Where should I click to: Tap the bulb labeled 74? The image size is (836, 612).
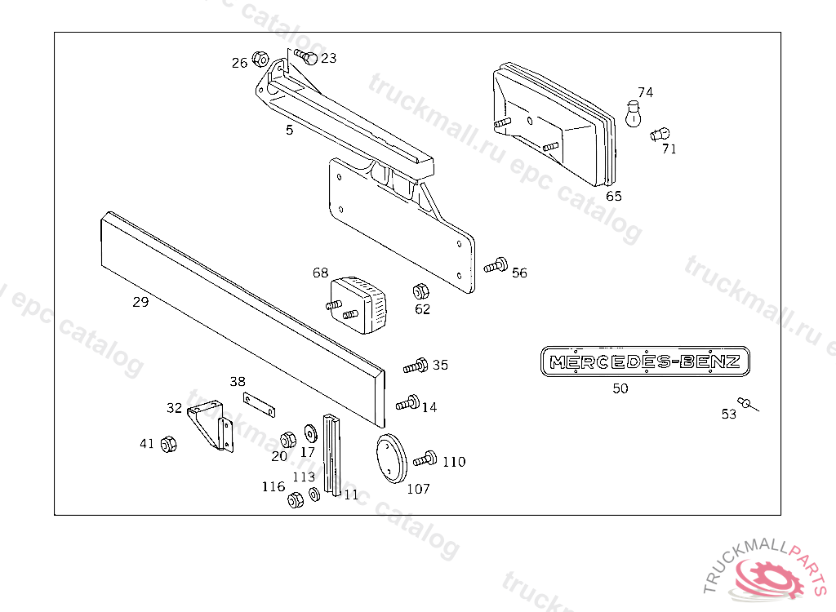(x=632, y=113)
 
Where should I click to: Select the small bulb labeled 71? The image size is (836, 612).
(x=660, y=134)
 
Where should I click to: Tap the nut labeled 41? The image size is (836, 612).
(x=169, y=445)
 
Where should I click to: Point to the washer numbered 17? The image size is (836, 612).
(x=310, y=431)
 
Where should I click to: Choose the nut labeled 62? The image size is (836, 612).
(x=420, y=291)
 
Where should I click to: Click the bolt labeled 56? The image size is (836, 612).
(x=496, y=265)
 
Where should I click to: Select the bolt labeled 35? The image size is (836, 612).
(x=416, y=366)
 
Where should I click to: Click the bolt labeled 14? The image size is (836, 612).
(x=407, y=402)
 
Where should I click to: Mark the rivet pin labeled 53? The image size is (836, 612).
(x=747, y=403)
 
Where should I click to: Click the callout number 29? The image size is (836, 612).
(x=140, y=303)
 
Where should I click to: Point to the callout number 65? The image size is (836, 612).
(x=614, y=196)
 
